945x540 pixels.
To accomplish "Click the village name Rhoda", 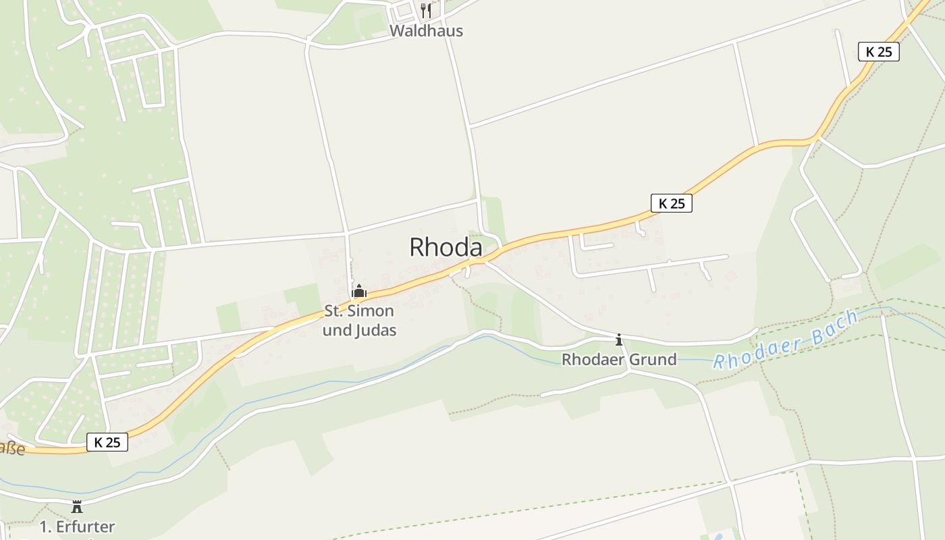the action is pos(446,248).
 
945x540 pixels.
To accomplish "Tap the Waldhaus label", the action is pos(426,31).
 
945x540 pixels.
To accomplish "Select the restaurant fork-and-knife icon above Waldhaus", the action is pos(425,11).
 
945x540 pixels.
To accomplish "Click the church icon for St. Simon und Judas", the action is pos(359,291).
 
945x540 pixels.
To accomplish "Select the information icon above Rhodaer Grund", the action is pos(619,340).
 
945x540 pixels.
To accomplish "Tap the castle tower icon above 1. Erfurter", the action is pos(77,506).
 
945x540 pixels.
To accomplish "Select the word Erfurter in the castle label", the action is pos(86,526).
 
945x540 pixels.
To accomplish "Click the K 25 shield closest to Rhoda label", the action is pos(672,203).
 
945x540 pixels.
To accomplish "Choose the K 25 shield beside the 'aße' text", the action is pos(107,442).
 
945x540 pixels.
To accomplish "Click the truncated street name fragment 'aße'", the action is pos(11,448).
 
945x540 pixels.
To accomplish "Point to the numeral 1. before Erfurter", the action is pos(46,526).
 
